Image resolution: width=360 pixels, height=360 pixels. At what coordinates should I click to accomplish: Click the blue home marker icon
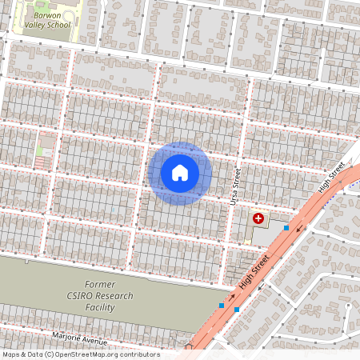click(179, 173)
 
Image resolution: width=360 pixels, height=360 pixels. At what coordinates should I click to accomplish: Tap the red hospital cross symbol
click(258, 218)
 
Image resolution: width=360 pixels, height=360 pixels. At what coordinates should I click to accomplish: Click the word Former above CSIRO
click(100, 285)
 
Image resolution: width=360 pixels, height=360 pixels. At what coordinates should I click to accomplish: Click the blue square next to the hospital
click(286, 229)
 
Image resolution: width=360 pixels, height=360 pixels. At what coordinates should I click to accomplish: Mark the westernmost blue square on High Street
click(222, 305)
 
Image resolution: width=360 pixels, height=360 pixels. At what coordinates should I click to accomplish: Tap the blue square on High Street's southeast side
click(237, 309)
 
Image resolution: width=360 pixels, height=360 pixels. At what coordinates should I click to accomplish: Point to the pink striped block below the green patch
click(41, 162)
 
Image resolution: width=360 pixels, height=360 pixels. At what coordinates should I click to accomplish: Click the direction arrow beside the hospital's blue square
click(302, 229)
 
